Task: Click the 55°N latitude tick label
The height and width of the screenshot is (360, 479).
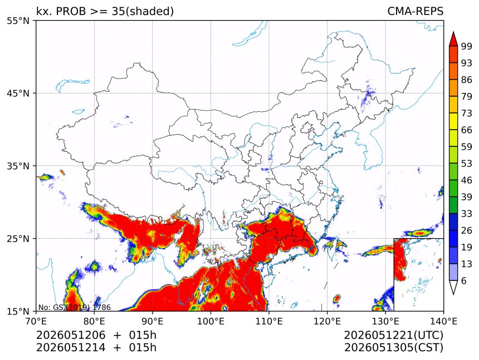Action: point(18,21)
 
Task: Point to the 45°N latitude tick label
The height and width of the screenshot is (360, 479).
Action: point(18,93)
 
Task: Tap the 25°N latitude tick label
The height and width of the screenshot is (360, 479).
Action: point(18,239)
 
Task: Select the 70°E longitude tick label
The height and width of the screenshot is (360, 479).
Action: point(36,321)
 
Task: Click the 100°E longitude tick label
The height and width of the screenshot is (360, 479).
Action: point(211,321)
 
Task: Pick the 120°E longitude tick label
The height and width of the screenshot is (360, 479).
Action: point(327,321)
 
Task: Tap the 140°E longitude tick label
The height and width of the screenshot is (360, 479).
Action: point(443,321)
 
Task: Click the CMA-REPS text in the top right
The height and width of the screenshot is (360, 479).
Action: point(415,11)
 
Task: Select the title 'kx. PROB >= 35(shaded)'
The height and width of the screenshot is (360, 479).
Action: point(105,11)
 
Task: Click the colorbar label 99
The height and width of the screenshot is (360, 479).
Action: point(467,46)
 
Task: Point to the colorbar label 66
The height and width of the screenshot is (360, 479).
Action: point(467,130)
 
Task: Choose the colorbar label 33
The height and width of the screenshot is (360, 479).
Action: point(467,214)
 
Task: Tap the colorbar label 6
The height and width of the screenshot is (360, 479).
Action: point(464,280)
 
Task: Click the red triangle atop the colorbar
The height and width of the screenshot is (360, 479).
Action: point(453,39)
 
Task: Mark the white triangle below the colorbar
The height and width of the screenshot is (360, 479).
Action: point(453,288)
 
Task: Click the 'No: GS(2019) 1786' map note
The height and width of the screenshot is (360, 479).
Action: point(75,307)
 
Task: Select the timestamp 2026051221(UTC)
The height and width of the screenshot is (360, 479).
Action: point(393,335)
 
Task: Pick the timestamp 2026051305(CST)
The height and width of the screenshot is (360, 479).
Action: point(393,348)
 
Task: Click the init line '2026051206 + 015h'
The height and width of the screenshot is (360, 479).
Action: point(96,335)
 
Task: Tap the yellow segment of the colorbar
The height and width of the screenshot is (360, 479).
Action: point(453,122)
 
